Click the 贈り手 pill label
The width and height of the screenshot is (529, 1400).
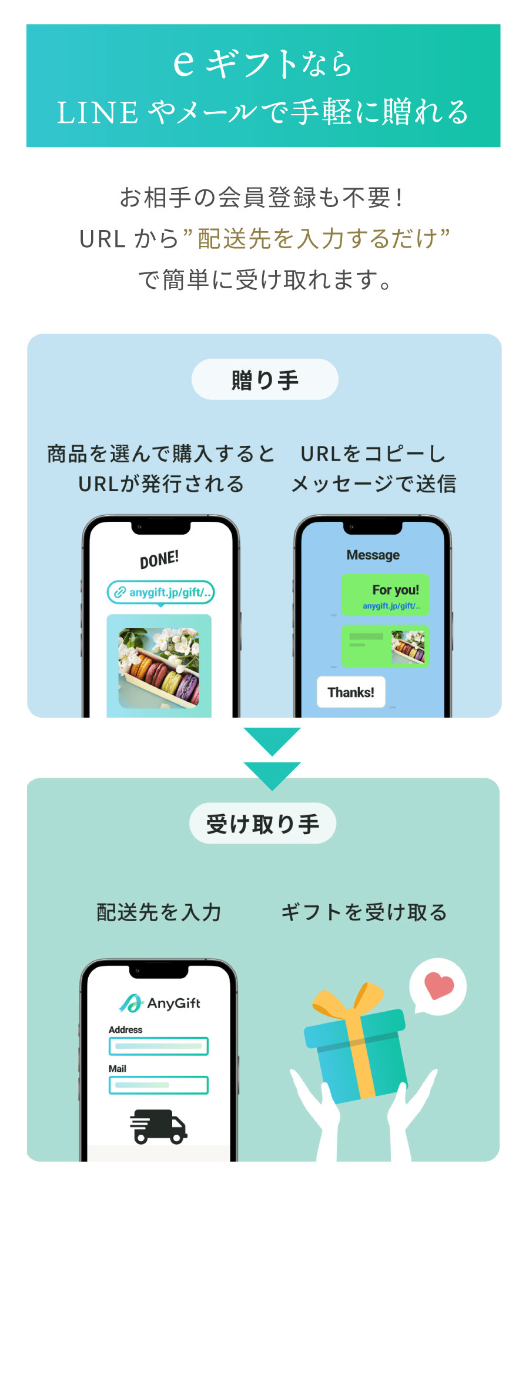click(264, 380)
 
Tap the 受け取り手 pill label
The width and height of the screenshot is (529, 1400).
click(263, 824)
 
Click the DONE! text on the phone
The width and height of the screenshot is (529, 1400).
click(159, 559)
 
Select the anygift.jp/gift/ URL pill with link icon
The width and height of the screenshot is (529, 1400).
click(160, 592)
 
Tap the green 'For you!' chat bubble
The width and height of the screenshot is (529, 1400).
click(386, 595)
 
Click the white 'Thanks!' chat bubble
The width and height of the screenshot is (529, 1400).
click(351, 692)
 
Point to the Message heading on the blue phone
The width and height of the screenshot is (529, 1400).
click(373, 555)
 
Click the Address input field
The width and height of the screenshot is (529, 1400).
click(159, 1046)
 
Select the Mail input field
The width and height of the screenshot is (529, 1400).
click(159, 1085)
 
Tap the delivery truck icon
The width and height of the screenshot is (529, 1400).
click(159, 1127)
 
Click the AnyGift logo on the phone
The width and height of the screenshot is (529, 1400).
click(160, 1004)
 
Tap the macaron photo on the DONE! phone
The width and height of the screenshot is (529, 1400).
click(159, 668)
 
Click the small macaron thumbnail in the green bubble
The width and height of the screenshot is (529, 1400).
click(408, 647)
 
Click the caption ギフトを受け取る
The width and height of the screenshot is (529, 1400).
click(364, 912)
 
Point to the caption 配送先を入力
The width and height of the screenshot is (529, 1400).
click(159, 912)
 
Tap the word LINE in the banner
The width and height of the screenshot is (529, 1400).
click(97, 112)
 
